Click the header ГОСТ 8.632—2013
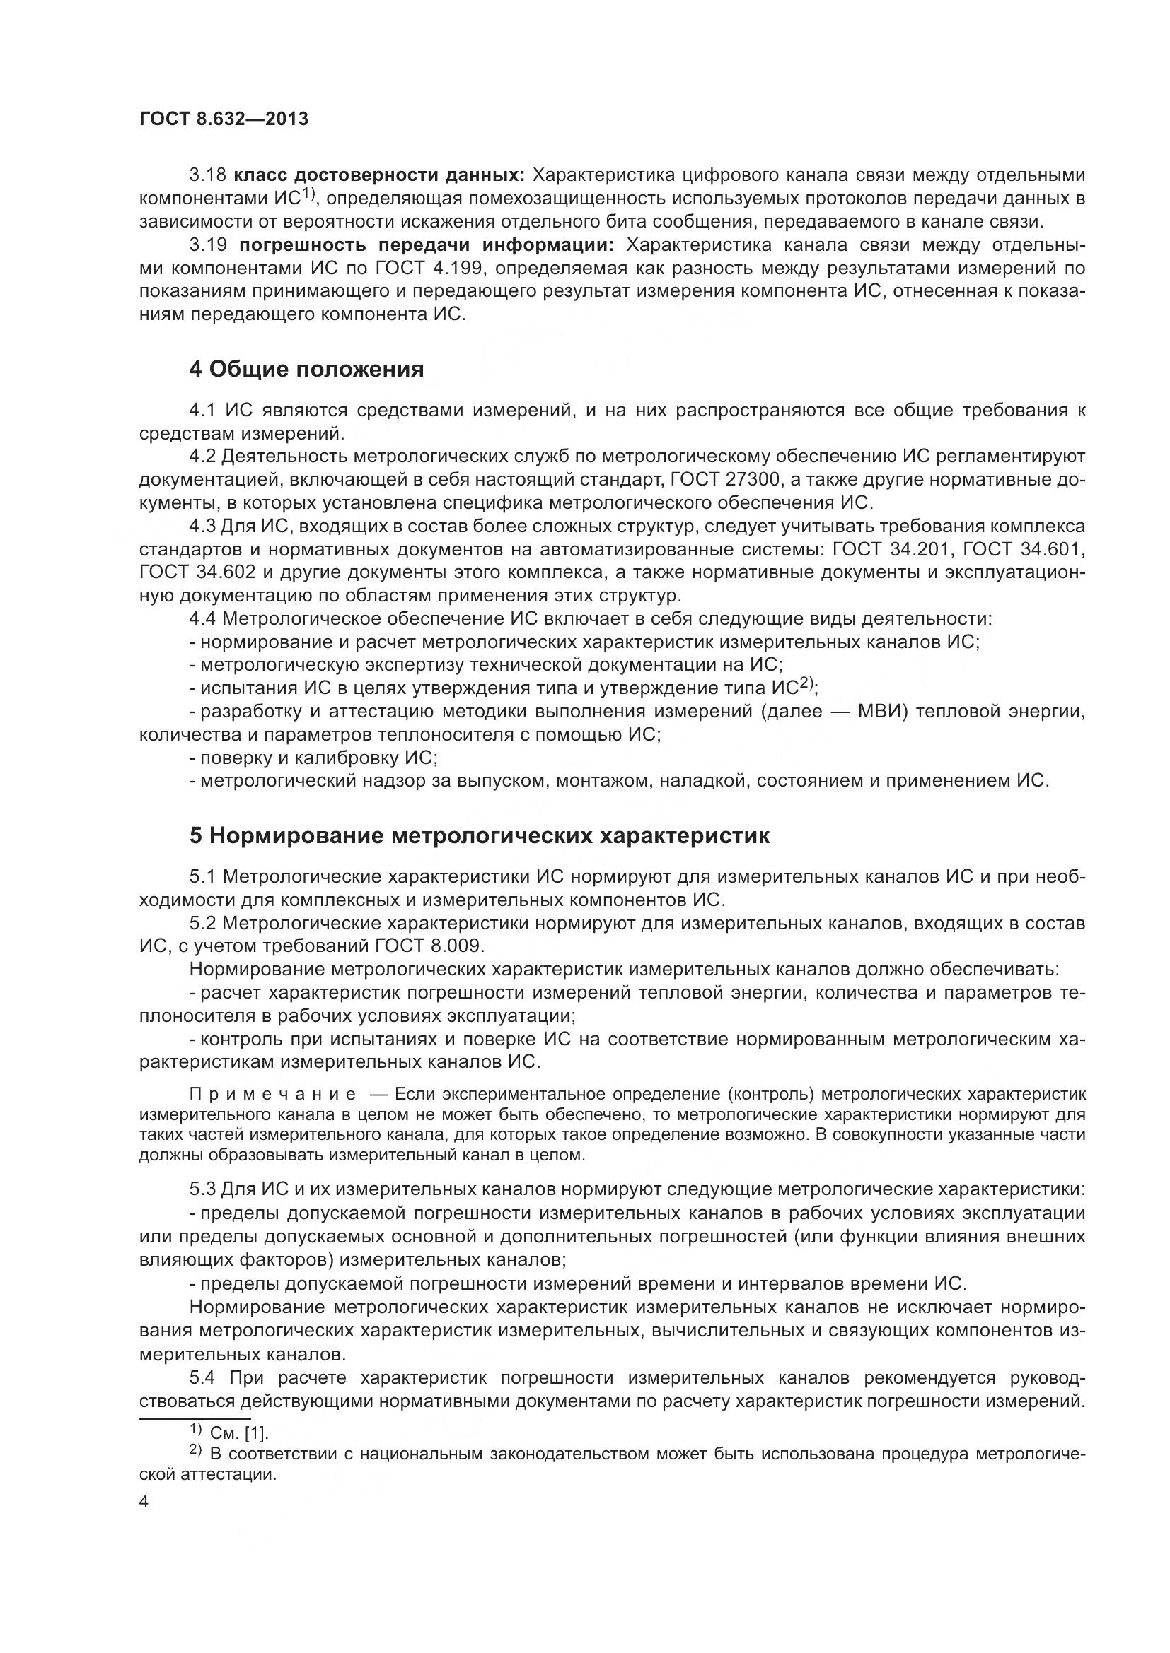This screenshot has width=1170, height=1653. pyautogui.click(x=224, y=119)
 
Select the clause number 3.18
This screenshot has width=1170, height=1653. pyautogui.click(x=207, y=175)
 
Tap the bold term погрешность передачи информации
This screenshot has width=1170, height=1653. pyautogui.click(x=426, y=245)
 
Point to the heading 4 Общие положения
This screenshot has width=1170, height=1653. pyautogui.click(x=306, y=370)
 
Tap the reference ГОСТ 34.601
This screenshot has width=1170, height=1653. pyautogui.click(x=1024, y=549)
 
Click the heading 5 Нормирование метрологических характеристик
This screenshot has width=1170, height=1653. pyautogui.click(x=479, y=836)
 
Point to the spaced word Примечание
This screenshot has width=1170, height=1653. pyautogui.click(x=272, y=1095)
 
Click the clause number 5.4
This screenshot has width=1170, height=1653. pyautogui.click(x=202, y=1378)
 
